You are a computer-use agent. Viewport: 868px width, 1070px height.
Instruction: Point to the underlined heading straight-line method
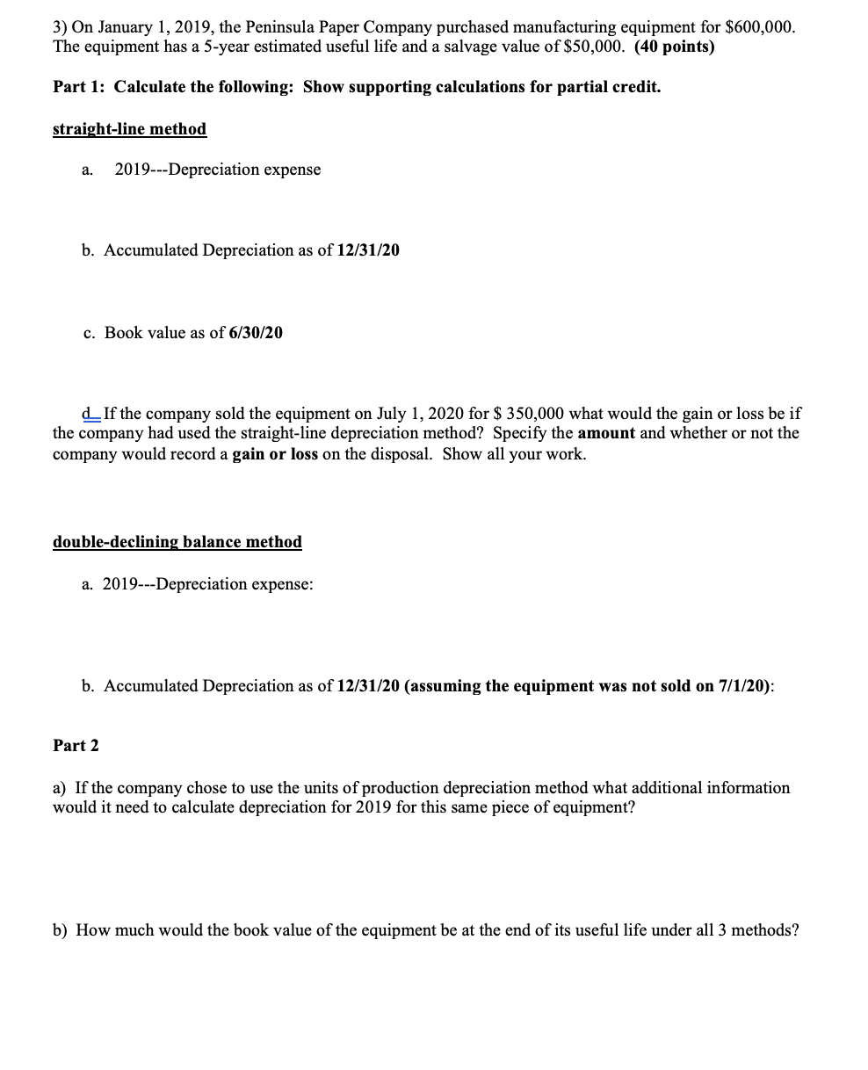[129, 129]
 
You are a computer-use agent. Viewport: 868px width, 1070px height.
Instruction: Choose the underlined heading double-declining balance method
[177, 542]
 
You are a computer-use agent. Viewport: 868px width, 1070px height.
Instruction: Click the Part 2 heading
[76, 746]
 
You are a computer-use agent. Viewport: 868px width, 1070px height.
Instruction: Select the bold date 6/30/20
[255, 333]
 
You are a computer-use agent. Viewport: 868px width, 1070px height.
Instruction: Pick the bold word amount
[606, 433]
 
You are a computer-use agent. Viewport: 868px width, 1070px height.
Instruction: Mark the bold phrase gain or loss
[275, 454]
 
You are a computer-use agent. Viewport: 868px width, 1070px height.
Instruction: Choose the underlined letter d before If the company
[85, 414]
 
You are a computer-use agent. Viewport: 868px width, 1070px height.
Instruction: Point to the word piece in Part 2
[497, 807]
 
